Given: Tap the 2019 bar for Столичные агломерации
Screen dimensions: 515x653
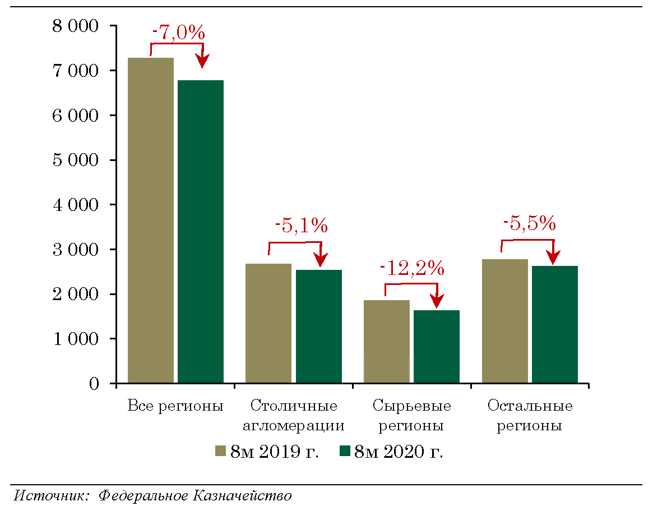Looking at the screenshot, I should click(x=268, y=323).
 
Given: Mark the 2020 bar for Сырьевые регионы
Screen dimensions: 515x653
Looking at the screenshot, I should click(x=437, y=346).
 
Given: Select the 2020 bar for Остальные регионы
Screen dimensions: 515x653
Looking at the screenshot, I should click(x=555, y=324).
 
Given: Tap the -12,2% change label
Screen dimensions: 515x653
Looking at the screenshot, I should click(x=412, y=269).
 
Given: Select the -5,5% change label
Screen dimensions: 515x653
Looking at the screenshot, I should click(x=529, y=224).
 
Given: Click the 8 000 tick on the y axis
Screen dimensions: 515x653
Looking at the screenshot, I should click(x=75, y=26).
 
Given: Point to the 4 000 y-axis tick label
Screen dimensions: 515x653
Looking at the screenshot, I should click(x=75, y=205).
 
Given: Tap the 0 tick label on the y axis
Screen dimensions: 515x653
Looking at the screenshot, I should click(x=94, y=384).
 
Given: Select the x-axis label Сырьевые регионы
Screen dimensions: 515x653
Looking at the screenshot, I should click(x=411, y=415).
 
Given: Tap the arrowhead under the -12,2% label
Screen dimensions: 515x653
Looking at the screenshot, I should click(x=437, y=303).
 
